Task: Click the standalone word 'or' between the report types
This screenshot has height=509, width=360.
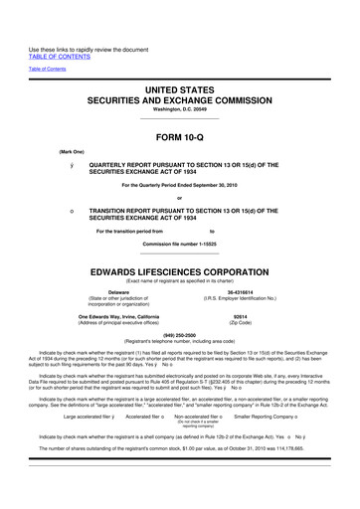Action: click(x=180, y=196)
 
